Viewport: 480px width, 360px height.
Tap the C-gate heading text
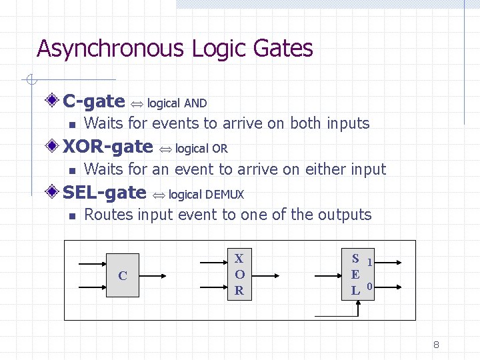point(93,101)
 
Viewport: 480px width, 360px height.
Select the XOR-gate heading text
point(107,147)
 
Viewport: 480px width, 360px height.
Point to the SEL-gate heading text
point(104,193)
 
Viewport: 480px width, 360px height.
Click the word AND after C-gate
point(195,103)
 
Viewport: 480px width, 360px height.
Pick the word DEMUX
point(225,195)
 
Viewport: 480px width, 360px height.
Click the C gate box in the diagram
point(123,275)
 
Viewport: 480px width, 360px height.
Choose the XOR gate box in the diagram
point(239,274)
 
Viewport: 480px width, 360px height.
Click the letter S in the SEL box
point(356,259)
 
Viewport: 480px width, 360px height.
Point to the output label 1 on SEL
point(369,263)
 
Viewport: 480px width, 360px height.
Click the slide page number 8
point(436,345)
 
